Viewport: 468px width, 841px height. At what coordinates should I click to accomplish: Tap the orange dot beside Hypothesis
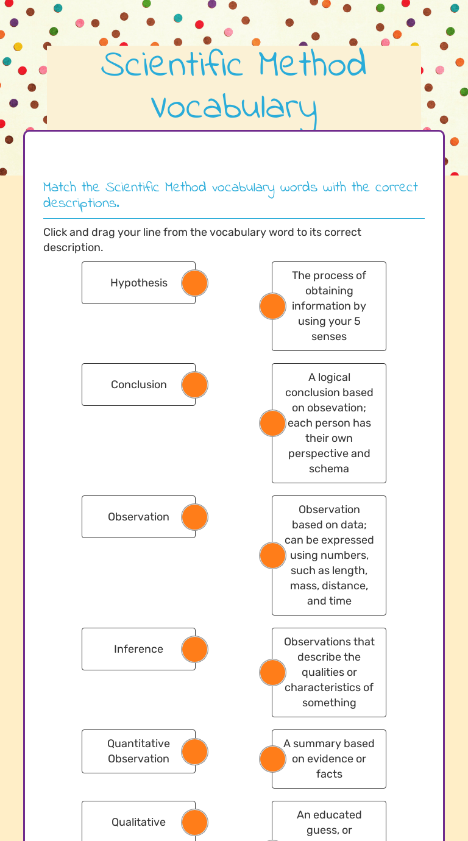pyautogui.click(x=195, y=283)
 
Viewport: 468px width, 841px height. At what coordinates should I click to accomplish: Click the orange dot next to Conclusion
pyautogui.click(x=195, y=385)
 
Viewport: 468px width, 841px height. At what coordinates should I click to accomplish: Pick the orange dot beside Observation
pyautogui.click(x=195, y=517)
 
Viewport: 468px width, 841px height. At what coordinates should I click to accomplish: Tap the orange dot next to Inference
pyautogui.click(x=195, y=650)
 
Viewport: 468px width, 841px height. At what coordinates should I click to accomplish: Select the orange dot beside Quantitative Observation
pyautogui.click(x=195, y=752)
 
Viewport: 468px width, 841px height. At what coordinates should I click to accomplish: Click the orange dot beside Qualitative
pyautogui.click(x=195, y=823)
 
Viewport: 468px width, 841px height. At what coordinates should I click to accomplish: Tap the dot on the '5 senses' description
pyautogui.click(x=272, y=306)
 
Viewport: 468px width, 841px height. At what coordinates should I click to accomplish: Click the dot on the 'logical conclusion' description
pyautogui.click(x=272, y=423)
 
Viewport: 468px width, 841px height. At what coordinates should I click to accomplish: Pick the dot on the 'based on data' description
pyautogui.click(x=272, y=555)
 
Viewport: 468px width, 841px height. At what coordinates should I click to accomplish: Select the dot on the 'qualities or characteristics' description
pyautogui.click(x=272, y=672)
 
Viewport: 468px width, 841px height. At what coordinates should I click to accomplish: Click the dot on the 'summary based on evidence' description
pyautogui.click(x=272, y=759)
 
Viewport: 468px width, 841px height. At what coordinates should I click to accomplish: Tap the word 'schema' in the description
pyautogui.click(x=329, y=469)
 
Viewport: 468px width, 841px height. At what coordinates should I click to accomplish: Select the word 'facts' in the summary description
pyautogui.click(x=329, y=774)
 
